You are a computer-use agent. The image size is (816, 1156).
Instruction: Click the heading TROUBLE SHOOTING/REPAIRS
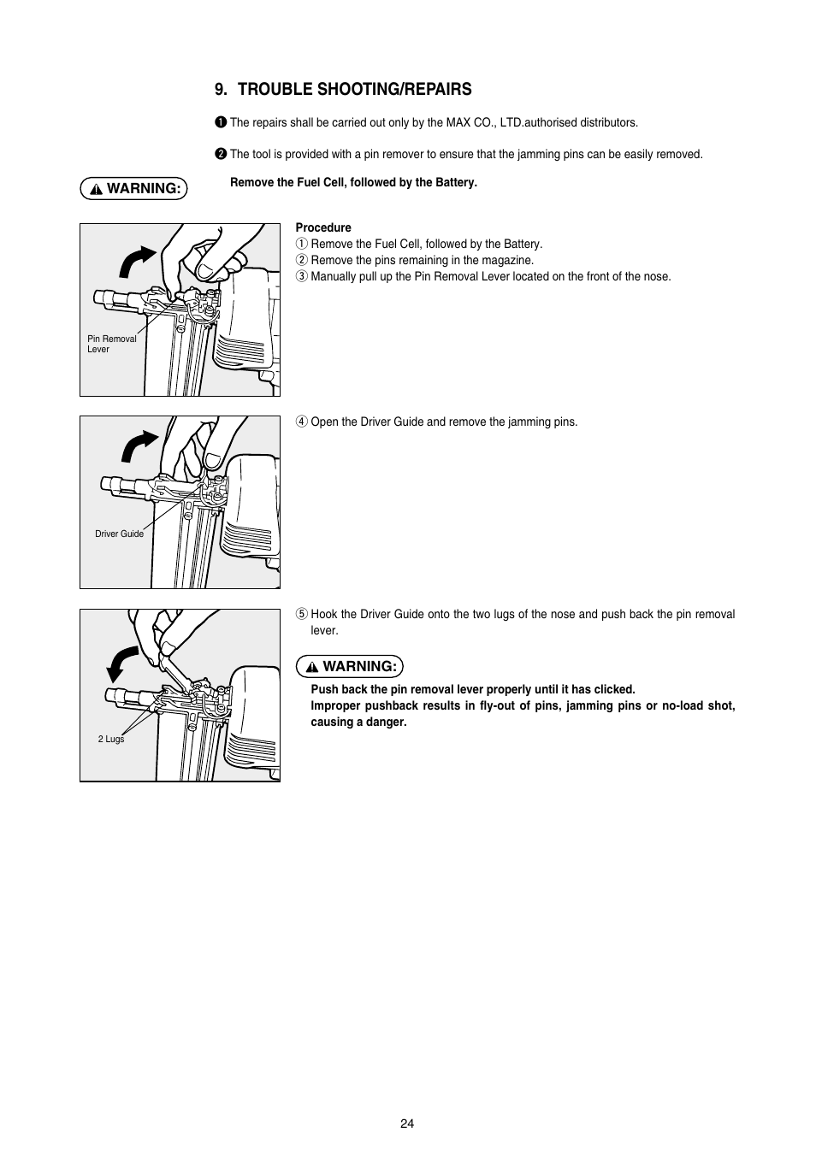[343, 89]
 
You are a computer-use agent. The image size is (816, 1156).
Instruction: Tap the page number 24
[407, 1124]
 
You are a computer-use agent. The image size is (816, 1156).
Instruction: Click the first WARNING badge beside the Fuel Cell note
[133, 188]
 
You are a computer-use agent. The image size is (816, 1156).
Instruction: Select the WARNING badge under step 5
[349, 666]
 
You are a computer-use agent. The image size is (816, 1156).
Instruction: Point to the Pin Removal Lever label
[111, 344]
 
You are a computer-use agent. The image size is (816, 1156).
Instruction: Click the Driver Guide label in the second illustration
[119, 534]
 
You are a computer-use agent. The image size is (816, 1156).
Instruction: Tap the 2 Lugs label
[111, 739]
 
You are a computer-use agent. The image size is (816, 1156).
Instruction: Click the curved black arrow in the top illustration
[137, 261]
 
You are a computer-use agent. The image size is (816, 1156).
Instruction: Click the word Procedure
[323, 227]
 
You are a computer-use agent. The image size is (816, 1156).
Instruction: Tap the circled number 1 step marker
[301, 244]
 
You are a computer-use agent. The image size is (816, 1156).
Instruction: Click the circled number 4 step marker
[301, 422]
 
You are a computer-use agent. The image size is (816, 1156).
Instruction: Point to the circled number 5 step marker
[301, 614]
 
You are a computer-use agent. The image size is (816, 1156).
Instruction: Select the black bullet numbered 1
[221, 122]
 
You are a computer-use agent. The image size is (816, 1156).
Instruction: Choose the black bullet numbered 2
[221, 154]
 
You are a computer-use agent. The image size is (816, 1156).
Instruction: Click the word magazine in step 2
[510, 260]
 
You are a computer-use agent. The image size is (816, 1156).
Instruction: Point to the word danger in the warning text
[387, 722]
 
